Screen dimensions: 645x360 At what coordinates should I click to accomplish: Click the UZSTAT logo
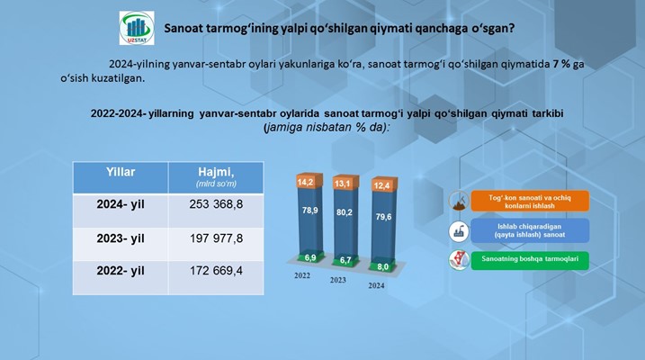pos(137,28)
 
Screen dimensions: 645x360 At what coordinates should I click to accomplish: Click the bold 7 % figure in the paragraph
pos(562,64)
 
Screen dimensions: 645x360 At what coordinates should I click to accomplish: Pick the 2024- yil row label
pos(121,204)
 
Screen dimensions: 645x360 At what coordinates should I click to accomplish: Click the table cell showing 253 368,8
pos(216,204)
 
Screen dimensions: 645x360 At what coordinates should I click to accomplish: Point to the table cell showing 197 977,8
pos(216,238)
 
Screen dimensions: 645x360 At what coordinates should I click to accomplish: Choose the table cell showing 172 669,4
pos(216,271)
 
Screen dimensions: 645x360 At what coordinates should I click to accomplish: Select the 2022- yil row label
pos(121,271)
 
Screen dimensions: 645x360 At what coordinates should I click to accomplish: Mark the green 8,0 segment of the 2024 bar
pos(383,265)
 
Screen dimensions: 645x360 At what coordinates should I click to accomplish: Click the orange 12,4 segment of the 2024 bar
pos(384,185)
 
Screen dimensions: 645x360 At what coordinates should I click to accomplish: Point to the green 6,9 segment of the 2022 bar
pos(310,257)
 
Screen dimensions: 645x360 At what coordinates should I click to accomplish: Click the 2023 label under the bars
pos(338,280)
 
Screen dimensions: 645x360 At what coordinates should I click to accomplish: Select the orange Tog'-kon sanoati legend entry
pos(530,202)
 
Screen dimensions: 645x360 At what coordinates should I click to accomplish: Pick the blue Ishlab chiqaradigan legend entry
pos(530,230)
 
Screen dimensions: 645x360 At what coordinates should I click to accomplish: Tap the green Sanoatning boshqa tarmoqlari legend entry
pos(530,260)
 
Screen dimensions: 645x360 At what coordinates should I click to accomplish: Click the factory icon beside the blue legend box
pos(459,231)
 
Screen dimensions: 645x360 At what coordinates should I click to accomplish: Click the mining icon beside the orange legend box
pos(459,201)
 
